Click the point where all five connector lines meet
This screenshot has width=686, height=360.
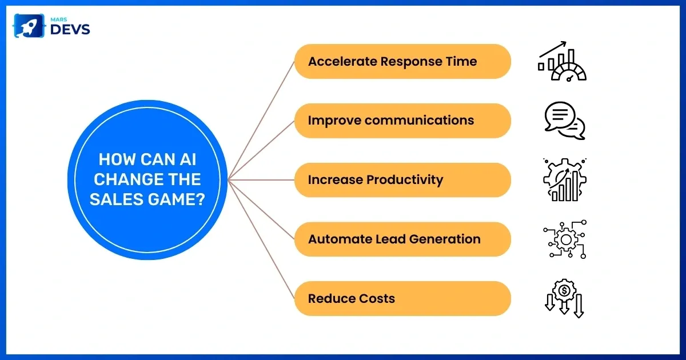click(x=229, y=180)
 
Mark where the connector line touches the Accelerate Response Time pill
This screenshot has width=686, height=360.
click(x=294, y=62)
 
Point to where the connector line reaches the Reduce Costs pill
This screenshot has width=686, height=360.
click(x=294, y=298)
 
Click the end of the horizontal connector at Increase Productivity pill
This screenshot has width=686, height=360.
click(x=294, y=180)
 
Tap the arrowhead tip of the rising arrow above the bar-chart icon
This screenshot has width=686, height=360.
click(x=566, y=42)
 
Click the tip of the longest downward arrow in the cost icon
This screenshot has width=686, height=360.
click(x=579, y=318)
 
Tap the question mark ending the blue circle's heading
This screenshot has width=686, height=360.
click(x=200, y=199)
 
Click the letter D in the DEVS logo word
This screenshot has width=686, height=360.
click(x=56, y=29)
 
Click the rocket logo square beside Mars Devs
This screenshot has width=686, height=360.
click(x=29, y=26)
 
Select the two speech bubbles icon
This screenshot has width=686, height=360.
click(x=565, y=121)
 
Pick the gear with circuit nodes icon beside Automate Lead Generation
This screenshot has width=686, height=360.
click(x=565, y=239)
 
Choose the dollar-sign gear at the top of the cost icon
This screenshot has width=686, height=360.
click(x=564, y=290)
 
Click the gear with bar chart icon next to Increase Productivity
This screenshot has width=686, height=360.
click(x=565, y=179)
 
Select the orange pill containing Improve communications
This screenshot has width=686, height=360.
click(x=402, y=121)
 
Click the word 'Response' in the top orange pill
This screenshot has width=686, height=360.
click(x=411, y=62)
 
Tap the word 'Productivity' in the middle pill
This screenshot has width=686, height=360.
click(x=405, y=180)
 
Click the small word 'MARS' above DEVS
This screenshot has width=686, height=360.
click(x=59, y=19)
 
